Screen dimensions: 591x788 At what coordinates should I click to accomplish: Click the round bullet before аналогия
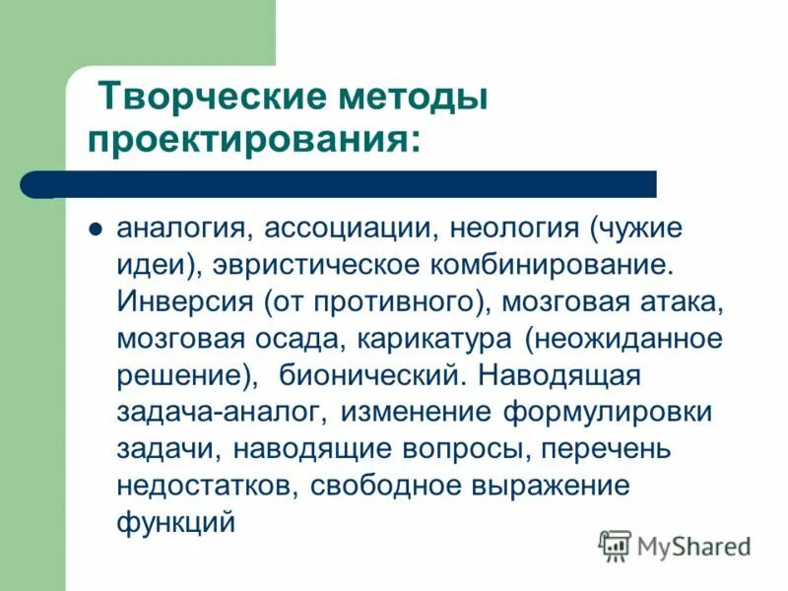coord(97,230)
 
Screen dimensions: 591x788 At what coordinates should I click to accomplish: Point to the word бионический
coord(367,375)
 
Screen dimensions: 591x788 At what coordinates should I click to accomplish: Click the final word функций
coord(175,521)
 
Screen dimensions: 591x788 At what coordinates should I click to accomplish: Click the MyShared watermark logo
coord(676,545)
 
